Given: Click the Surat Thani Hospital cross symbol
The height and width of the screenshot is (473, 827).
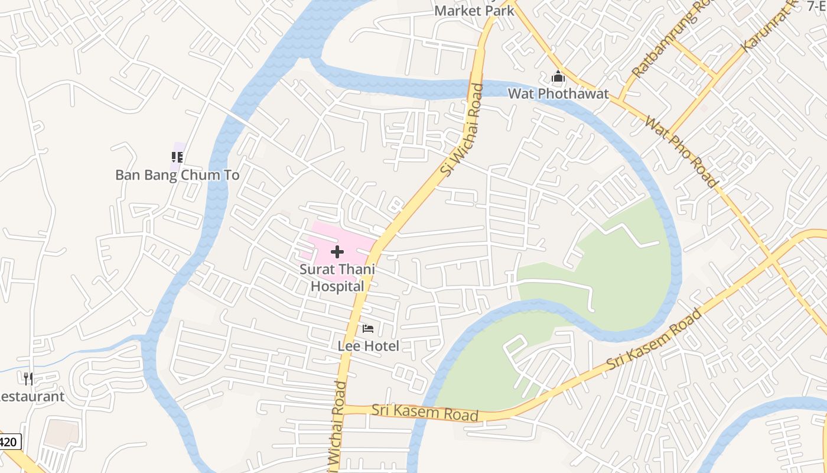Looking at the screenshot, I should point(337,252).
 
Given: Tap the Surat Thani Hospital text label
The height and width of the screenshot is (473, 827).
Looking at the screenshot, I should point(337,277).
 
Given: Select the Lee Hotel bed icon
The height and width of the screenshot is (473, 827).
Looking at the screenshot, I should point(368,329).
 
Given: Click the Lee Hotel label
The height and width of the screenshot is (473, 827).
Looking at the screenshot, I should point(368,346).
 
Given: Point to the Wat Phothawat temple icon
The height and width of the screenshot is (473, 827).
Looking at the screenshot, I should point(558,77).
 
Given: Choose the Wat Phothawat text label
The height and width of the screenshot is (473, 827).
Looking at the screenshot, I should point(558,93).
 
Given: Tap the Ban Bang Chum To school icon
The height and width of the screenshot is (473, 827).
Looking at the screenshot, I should point(177,157).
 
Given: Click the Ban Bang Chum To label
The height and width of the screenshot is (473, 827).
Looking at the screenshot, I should point(177,175).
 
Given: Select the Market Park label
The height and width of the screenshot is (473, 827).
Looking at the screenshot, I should point(474,11).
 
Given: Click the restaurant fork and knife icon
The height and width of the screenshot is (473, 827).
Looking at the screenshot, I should point(28,378).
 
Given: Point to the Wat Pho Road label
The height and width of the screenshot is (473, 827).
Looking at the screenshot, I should point(681,153).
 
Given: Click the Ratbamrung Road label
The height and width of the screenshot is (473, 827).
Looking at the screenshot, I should point(670,39).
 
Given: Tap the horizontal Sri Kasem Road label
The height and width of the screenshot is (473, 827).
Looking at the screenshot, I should point(424,412).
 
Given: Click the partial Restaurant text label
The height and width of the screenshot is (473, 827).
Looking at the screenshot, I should point(31,396).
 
